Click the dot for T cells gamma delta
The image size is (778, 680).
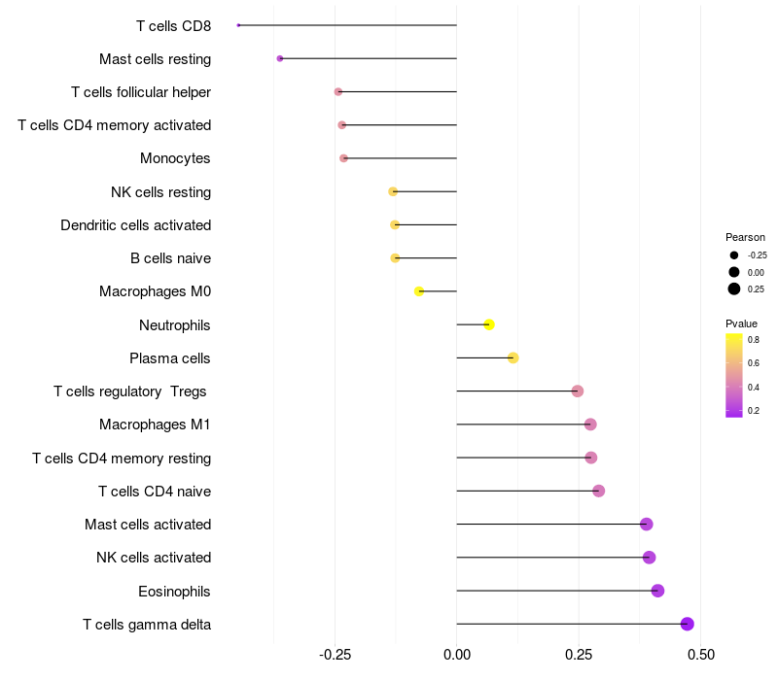point(688,625)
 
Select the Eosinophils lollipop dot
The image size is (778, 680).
point(657,591)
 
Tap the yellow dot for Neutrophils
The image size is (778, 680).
point(489,324)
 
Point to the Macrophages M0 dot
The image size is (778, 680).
point(419,291)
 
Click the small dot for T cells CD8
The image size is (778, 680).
point(238,25)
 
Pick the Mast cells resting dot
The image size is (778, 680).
point(280,59)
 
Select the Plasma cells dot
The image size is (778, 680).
point(513,357)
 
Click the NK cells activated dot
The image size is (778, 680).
point(649,558)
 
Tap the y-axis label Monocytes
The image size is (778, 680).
point(175,158)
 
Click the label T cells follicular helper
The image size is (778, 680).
point(141,92)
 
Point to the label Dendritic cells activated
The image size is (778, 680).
point(135,225)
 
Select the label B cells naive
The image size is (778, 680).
point(170,258)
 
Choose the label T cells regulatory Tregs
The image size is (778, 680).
point(131,391)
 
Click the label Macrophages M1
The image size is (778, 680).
point(155,425)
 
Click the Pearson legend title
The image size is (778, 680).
point(745,237)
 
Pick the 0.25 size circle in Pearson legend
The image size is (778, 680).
point(734,289)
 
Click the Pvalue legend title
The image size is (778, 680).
point(741,323)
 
